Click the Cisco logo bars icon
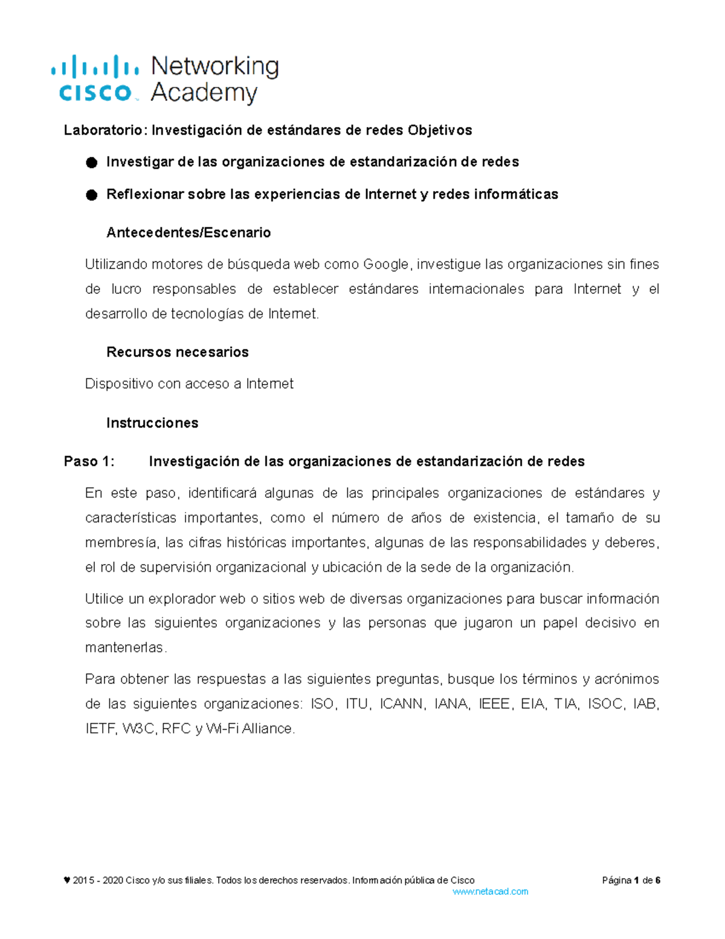point(95,67)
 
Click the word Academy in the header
point(204,93)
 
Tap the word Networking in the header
point(214,66)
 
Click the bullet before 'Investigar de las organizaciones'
point(91,163)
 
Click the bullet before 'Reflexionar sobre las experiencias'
point(91,195)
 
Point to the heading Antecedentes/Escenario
point(188,233)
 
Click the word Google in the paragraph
point(385,265)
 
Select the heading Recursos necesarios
point(177,353)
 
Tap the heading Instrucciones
point(152,423)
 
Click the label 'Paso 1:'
point(89,462)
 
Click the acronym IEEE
point(494,704)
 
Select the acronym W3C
point(138,729)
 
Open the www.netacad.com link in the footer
point(490,892)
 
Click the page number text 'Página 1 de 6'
point(631,881)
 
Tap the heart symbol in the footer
point(66,880)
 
